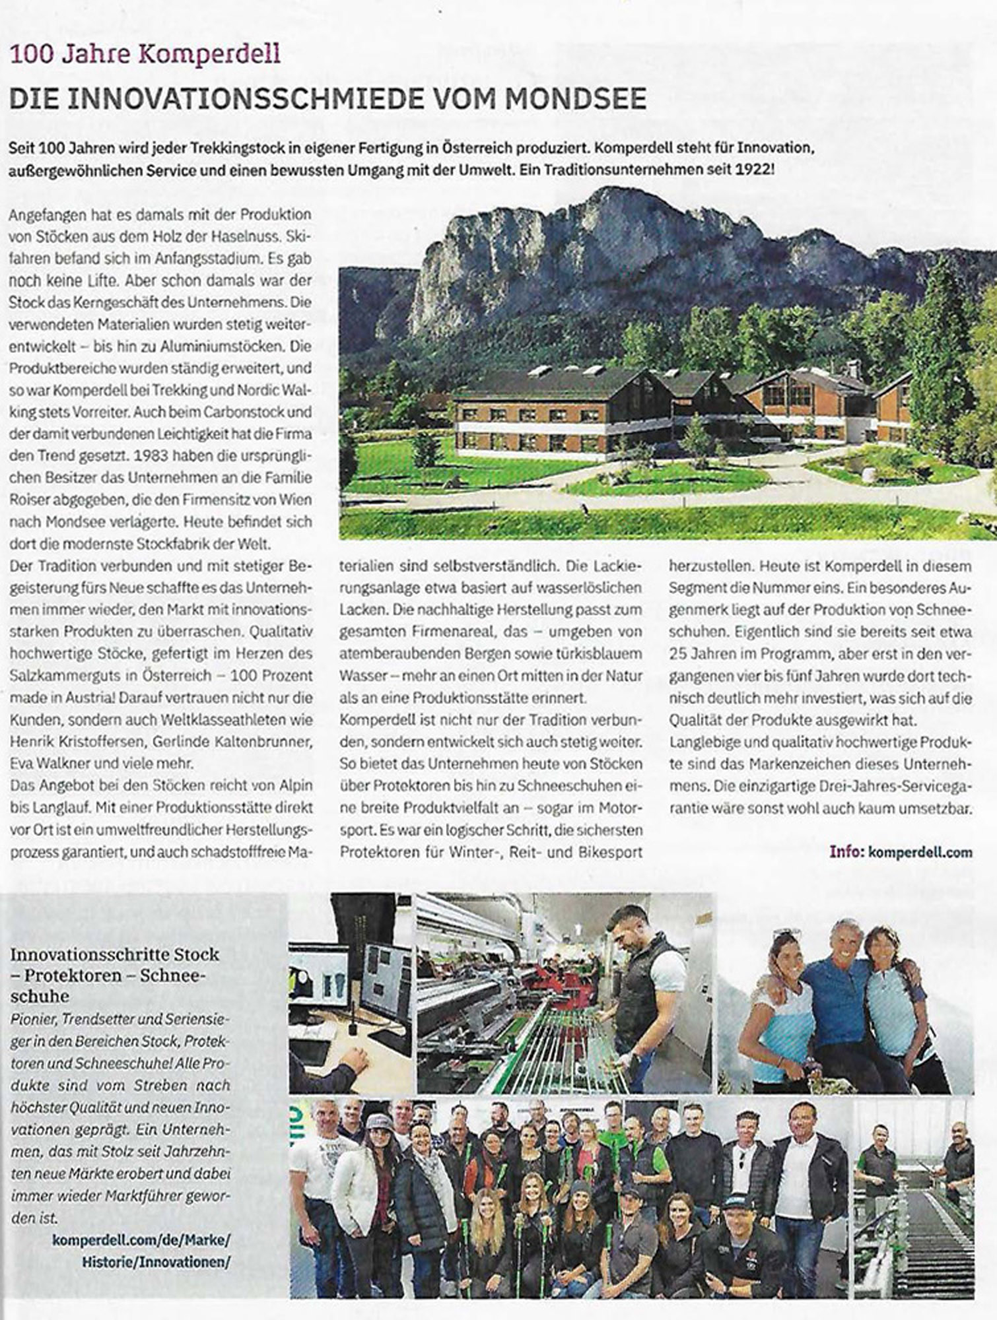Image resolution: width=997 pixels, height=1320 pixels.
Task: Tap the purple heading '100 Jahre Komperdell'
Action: coord(145,53)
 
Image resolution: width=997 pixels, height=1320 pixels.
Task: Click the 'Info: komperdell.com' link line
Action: coord(901,851)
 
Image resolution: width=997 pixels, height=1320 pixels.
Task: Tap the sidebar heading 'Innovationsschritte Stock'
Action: coord(115,954)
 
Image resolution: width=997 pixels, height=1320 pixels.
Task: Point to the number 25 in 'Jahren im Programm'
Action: coord(679,653)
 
